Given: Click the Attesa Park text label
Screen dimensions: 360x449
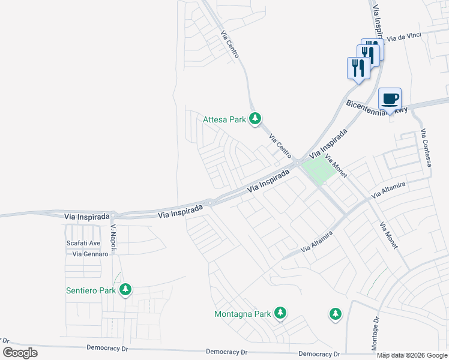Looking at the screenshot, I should pos(224,119).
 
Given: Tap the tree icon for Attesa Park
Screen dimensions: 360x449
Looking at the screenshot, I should pos(256,119).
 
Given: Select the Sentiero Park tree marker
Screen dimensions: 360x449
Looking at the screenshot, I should pos(125,290).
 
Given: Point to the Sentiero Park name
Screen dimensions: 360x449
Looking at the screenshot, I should pos(91,291).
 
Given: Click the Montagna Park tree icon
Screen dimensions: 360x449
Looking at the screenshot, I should pos(280,313).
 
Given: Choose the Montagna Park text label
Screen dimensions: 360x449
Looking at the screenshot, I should pos(243,314).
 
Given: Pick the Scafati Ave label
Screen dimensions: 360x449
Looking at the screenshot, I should pos(83,243).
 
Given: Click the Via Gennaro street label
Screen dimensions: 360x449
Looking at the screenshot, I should pos(90,254).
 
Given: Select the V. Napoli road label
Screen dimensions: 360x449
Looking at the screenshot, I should pos(113,238).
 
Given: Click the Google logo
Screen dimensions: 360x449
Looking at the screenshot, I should pos(20,352).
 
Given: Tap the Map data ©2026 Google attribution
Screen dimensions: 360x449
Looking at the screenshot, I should pos(412,355).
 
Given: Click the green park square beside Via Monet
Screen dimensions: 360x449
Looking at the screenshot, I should pos(318,169).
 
